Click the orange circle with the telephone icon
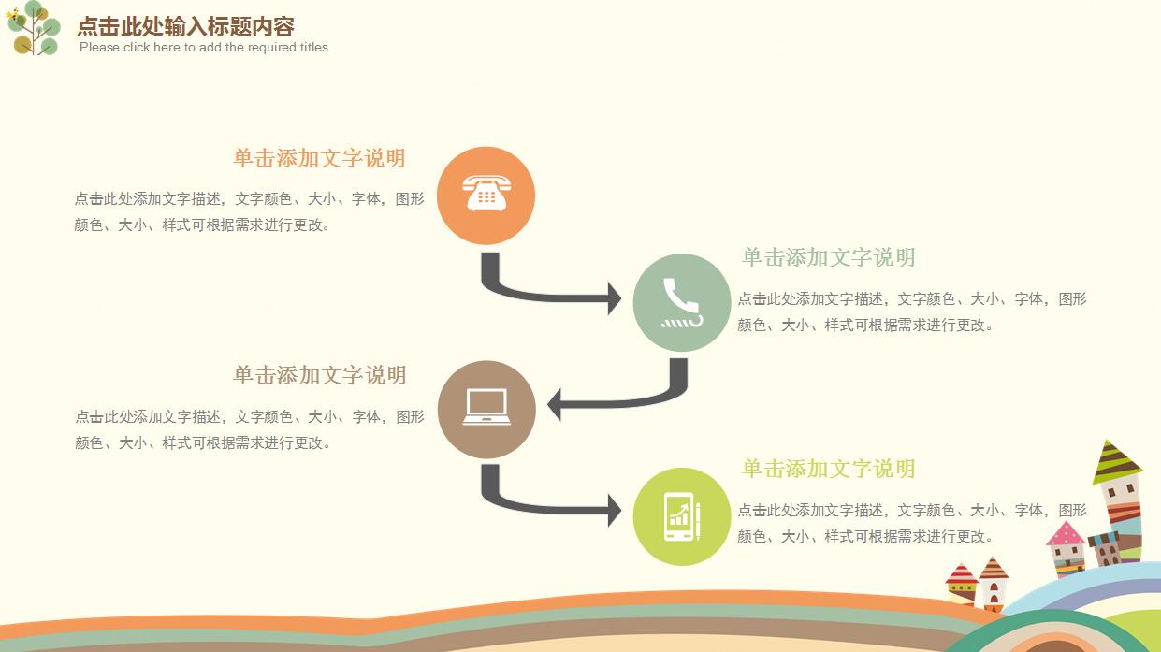486,196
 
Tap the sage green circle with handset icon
681,302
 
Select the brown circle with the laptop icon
486,409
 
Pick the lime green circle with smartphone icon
681,516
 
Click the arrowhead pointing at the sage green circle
614,298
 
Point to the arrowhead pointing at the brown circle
554,405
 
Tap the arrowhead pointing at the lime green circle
614,511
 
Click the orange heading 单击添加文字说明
319,158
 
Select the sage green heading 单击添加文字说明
828,257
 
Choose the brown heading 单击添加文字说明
319,375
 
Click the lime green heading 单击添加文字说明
828,469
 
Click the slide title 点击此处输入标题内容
185,26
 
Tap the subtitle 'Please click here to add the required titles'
204,48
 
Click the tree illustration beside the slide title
34,28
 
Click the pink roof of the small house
1065,535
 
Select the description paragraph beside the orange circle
249,211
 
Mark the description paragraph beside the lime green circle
911,523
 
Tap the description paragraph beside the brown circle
249,429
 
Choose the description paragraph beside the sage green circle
911,312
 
